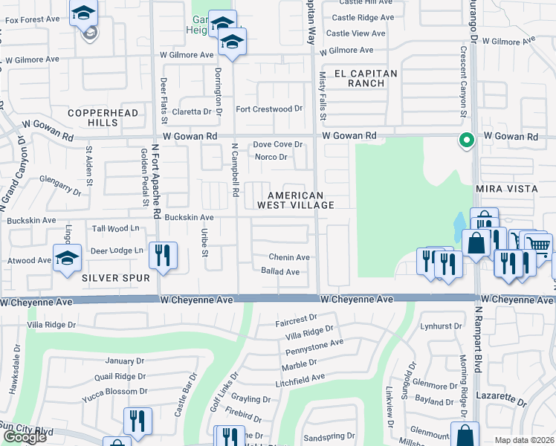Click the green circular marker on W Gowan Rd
point(467,140)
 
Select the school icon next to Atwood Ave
point(68,259)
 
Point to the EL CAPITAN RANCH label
point(366,78)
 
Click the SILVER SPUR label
point(116,277)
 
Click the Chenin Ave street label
point(289,257)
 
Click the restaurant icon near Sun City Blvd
point(138,421)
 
